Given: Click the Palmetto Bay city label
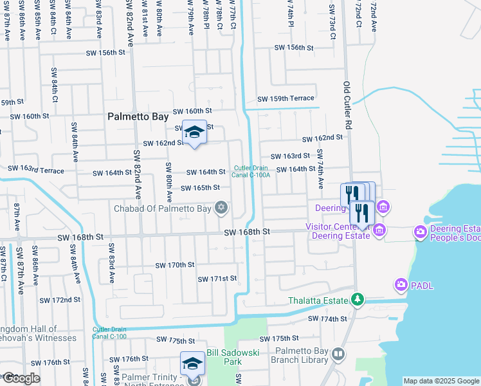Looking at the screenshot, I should tap(138, 117).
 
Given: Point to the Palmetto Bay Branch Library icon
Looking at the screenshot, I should tap(338, 354).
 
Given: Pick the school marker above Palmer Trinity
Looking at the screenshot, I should tap(193, 364).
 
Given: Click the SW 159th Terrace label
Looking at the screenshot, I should tap(286, 99).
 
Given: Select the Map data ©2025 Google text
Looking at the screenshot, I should tap(440, 381).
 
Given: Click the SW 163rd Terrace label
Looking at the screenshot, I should tap(36, 169).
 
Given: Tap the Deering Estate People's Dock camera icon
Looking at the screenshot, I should tap(421, 231).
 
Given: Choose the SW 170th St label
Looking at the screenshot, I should tap(175, 265).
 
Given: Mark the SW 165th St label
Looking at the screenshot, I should tap(200, 188).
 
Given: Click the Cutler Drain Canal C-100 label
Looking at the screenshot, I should tap(109, 332).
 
